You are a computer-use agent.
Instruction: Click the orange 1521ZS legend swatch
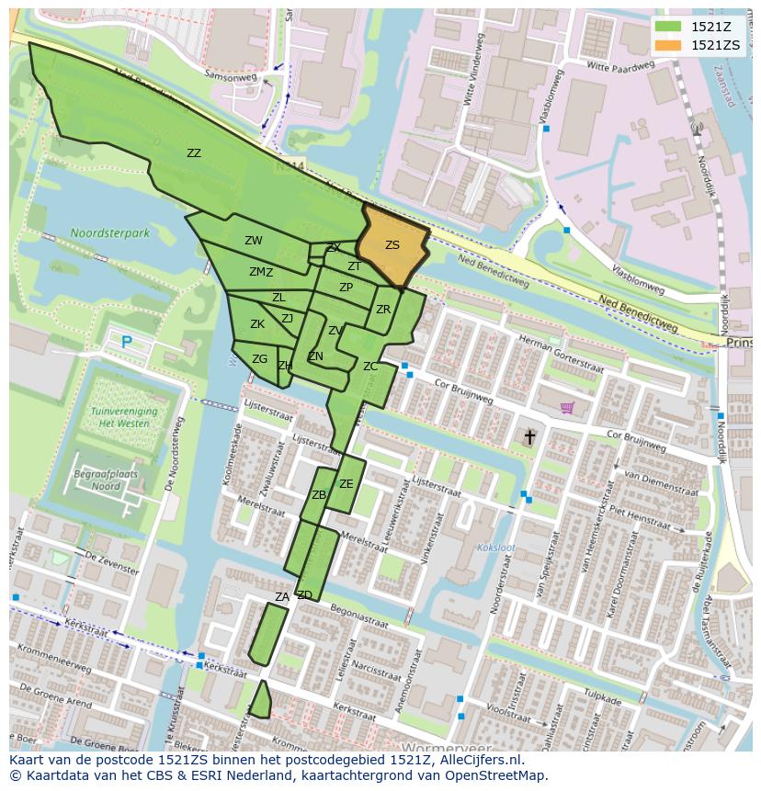[x=669, y=44]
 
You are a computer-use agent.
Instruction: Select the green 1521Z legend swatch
[x=669, y=27]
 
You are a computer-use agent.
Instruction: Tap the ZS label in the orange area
[x=392, y=245]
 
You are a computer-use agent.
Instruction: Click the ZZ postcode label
[x=194, y=153]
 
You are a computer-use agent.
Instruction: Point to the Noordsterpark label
[x=109, y=233]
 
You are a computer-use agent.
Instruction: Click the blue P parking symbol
[x=126, y=342]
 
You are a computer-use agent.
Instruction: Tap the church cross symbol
[x=529, y=436]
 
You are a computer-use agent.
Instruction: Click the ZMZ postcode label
[x=261, y=272]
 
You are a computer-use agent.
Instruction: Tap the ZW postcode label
[x=254, y=241]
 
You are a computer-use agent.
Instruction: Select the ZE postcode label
[x=346, y=484]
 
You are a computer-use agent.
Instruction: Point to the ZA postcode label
[x=281, y=597]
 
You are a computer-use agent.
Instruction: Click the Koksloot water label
[x=496, y=548]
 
